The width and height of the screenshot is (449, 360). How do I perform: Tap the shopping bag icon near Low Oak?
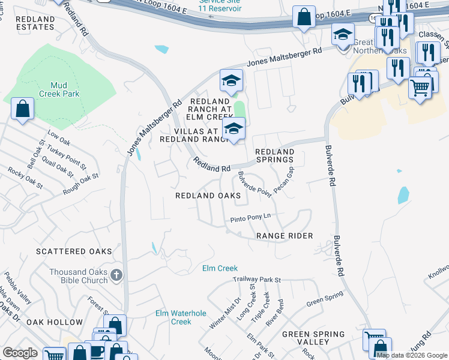pos(22,110)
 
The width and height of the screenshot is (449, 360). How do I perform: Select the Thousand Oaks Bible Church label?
pos(78,276)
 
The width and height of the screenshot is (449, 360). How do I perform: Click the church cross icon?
pos(116,275)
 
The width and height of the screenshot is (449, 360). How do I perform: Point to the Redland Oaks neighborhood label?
pos(208,196)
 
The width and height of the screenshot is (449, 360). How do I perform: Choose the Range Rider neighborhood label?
pos(285,236)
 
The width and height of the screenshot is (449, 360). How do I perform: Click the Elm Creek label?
pos(220,268)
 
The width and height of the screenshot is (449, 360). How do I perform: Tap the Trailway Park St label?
pos(258,280)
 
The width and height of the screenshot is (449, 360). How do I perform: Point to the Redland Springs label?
pos(275,156)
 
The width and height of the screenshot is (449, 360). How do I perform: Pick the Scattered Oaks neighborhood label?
pos(74,251)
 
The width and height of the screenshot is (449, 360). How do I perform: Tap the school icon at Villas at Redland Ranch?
pos(234,128)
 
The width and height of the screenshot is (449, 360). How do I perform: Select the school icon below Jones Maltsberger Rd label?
pos(231,80)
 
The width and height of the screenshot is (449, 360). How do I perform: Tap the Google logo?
pos(20,353)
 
